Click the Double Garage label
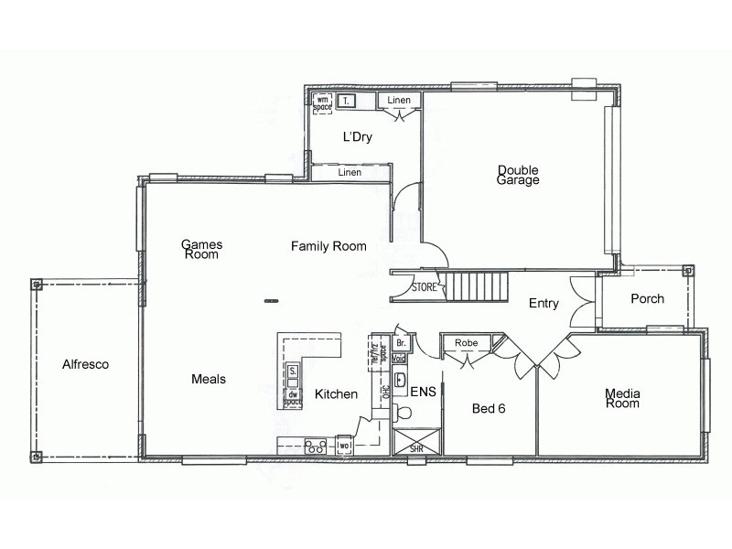(518, 175)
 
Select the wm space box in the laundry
(322, 102)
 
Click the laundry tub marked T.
(348, 102)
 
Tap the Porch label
(647, 299)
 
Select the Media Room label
(622, 398)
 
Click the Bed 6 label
(489, 408)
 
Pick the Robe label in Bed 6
(467, 343)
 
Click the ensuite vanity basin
(400, 378)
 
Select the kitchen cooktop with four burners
(316, 446)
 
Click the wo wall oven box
(345, 446)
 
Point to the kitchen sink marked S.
(293, 371)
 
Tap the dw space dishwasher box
(293, 396)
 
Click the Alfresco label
(85, 364)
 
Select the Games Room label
(201, 250)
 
